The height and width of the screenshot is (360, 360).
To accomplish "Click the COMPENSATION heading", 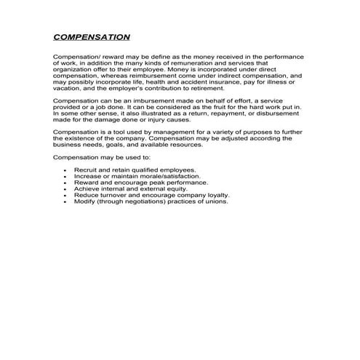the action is (92, 36).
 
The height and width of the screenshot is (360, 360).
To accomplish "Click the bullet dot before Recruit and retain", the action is (66, 169).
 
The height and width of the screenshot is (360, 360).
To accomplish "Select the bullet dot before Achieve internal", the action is (66, 188).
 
